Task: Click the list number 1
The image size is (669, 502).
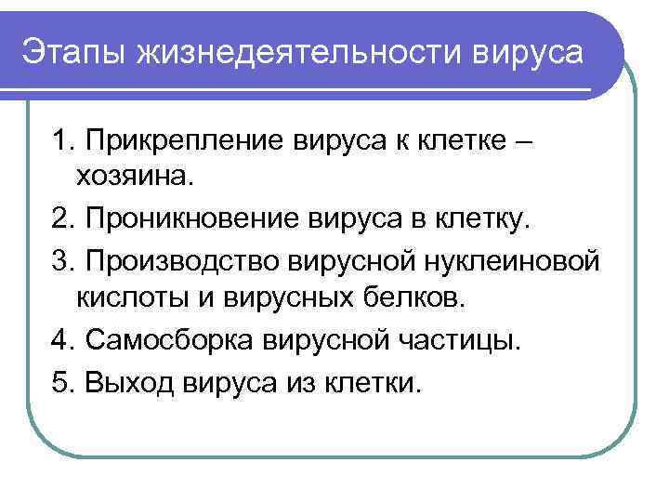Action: (63, 141)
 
